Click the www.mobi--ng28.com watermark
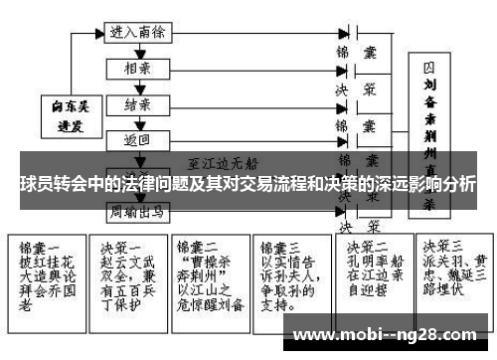tap(389, 334)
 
